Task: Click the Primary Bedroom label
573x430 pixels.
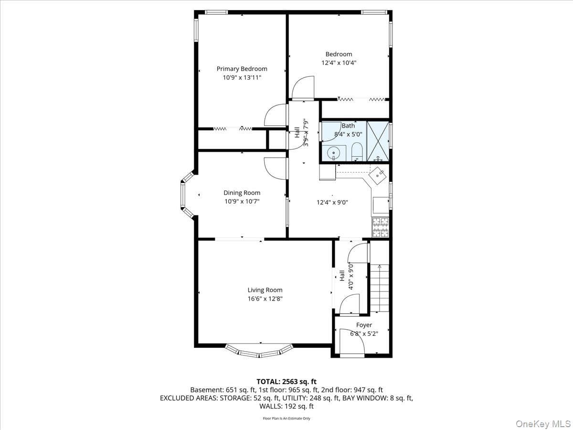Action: [x=242, y=69]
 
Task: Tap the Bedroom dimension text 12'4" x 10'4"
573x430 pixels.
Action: [x=339, y=63]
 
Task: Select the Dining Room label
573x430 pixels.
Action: [x=242, y=193]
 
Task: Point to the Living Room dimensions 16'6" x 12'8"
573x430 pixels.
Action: [x=265, y=299]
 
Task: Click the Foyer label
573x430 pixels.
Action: [x=364, y=325]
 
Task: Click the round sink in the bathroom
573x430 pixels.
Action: [x=334, y=153]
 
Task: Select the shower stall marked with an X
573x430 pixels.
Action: [x=378, y=141]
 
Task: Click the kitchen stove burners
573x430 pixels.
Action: [x=381, y=227]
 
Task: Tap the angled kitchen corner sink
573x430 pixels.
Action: [x=377, y=176]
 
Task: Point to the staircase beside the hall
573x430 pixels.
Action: [x=380, y=288]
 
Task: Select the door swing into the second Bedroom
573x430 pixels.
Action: [x=303, y=88]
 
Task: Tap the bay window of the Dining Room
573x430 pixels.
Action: [x=187, y=194]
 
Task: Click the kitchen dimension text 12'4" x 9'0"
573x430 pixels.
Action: [x=332, y=202]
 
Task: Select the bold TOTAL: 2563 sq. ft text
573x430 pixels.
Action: [x=286, y=382]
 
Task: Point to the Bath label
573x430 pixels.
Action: [x=348, y=126]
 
